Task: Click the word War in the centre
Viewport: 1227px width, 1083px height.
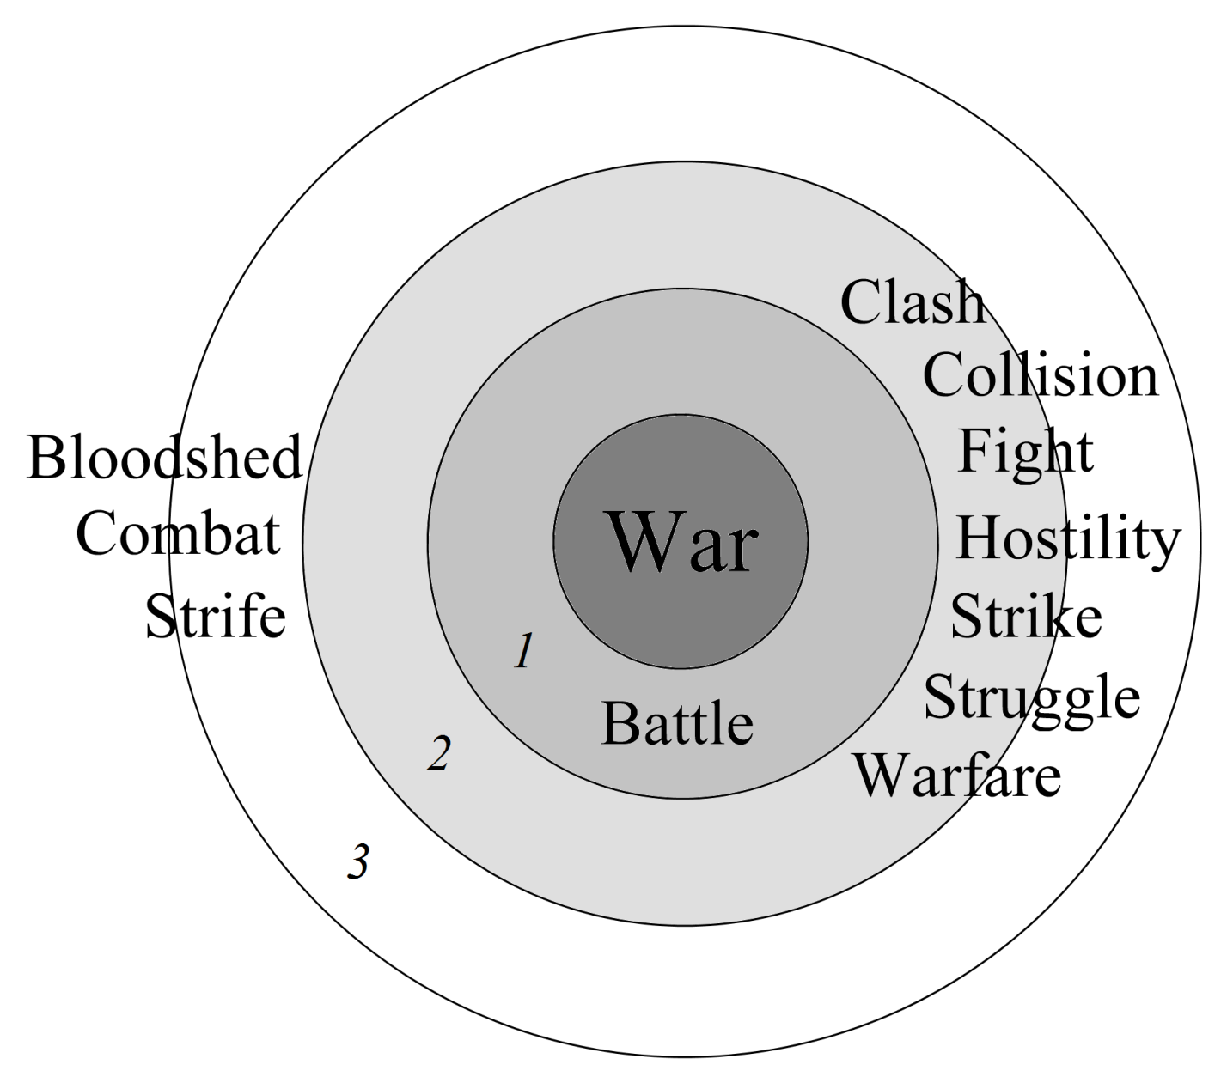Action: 682,543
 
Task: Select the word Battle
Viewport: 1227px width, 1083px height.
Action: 677,723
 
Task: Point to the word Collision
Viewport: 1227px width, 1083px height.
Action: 1041,376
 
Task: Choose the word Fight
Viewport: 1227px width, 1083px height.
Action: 1025,452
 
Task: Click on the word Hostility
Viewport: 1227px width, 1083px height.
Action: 1068,539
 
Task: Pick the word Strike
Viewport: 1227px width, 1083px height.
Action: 1026,617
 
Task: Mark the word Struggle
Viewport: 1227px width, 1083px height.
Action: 1032,697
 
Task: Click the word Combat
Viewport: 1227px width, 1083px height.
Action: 178,534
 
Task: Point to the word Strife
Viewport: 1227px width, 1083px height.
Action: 215,617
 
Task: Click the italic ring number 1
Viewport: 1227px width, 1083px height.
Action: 524,651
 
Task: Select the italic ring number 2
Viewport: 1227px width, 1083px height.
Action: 439,754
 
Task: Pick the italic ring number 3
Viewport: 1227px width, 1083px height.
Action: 358,861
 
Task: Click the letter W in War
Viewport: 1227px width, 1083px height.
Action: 638,543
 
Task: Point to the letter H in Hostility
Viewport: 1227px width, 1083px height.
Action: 978,538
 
